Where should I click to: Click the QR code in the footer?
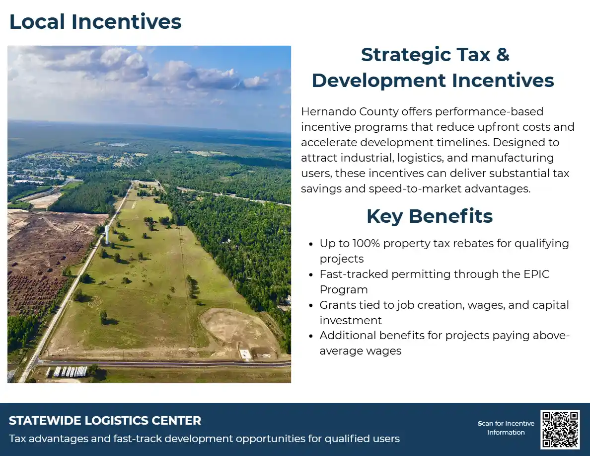560,429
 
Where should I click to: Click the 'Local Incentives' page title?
95,22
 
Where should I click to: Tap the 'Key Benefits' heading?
430,216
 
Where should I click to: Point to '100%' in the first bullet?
367,244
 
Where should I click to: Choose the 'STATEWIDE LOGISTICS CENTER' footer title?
105,421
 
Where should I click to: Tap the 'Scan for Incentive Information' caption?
506,428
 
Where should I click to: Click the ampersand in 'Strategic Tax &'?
503,55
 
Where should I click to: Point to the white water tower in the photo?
107,234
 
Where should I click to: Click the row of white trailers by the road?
67,371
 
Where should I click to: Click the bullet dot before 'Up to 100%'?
311,244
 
